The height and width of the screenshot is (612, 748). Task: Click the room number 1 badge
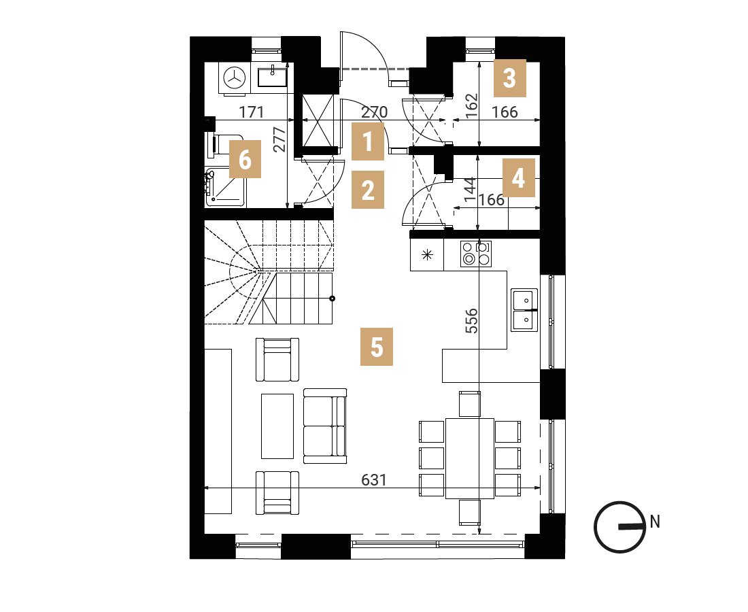click(x=368, y=141)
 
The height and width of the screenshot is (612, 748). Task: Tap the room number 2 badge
click(x=368, y=190)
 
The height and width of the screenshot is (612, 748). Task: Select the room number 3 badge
click(x=510, y=78)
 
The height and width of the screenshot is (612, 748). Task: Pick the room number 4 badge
click(x=519, y=178)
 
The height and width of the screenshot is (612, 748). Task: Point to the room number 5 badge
click(x=377, y=347)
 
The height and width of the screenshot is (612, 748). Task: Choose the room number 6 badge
click(x=245, y=159)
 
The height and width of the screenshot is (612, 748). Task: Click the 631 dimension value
click(x=373, y=479)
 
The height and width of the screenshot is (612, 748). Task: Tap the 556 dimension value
click(x=471, y=320)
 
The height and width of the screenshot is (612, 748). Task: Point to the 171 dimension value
click(x=252, y=112)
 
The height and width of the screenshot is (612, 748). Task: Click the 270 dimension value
click(x=375, y=113)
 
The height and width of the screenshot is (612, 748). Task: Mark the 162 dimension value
click(x=471, y=106)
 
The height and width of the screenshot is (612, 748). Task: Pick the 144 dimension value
click(x=470, y=189)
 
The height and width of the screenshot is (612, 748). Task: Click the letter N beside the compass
click(x=654, y=522)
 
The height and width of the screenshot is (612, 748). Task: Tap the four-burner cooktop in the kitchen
click(x=475, y=254)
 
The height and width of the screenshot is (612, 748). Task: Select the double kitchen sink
click(x=524, y=310)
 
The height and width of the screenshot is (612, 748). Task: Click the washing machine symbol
click(x=234, y=78)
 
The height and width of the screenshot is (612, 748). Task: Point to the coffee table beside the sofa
click(x=277, y=426)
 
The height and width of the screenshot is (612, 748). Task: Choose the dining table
click(x=469, y=458)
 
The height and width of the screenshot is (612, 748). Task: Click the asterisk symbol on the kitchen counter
click(x=427, y=255)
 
